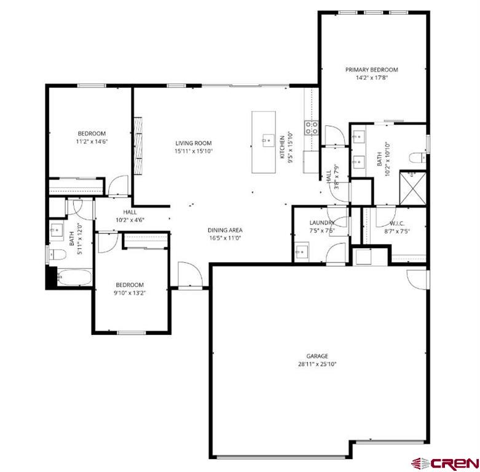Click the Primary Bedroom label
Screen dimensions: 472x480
371,69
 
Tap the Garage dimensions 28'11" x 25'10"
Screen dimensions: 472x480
317,364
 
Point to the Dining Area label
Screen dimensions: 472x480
224,230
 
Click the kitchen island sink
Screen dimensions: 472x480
267,141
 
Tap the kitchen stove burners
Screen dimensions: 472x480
312,128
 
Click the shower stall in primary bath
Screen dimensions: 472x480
411,187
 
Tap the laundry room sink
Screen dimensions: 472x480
302,252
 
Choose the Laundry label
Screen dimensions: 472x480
321,222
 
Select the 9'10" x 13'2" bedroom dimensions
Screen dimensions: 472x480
130,293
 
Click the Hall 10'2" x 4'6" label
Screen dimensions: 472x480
130,216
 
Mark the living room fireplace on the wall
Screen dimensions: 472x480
139,144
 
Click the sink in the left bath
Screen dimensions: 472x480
57,231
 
